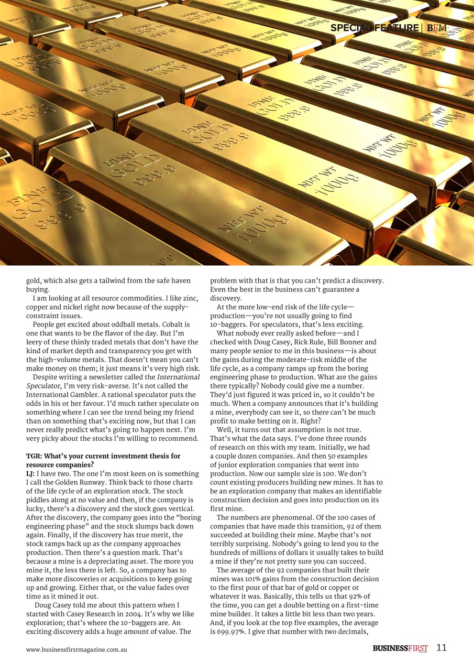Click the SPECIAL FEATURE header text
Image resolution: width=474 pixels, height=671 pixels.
[x=374, y=28]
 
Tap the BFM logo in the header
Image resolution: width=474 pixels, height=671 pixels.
[x=437, y=28]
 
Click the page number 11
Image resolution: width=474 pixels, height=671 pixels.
[x=442, y=648]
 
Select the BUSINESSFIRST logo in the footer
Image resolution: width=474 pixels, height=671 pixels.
[x=400, y=648]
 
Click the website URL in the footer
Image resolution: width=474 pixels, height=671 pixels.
[x=77, y=650]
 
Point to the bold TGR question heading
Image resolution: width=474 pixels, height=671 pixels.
[x=103, y=460]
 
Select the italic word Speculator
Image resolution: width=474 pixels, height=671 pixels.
[x=45, y=385]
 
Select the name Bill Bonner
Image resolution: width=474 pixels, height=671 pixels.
[x=357, y=342]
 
